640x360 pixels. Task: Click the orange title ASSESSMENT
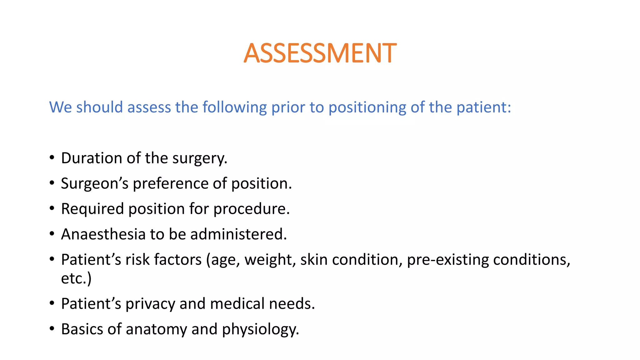pyautogui.click(x=320, y=53)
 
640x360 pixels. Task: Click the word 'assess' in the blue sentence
pyautogui.click(x=149, y=107)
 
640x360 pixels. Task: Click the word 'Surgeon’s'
pyautogui.click(x=95, y=183)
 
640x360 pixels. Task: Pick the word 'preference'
pyautogui.click(x=170, y=183)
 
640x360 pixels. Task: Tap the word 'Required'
pyautogui.click(x=92, y=209)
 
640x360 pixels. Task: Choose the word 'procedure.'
pyautogui.click(x=252, y=209)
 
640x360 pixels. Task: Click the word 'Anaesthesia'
pyautogui.click(x=103, y=234)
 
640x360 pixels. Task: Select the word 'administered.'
pyautogui.click(x=238, y=234)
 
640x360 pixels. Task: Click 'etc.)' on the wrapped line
pyautogui.click(x=76, y=278)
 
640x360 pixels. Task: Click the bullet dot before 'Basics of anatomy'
pyautogui.click(x=52, y=329)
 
